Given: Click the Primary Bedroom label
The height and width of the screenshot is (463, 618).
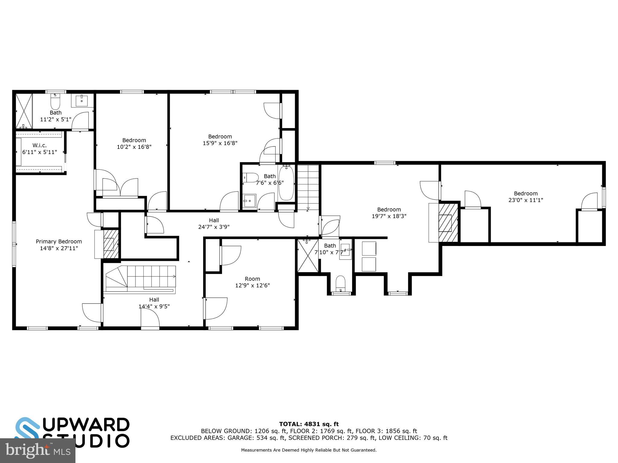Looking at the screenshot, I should [59, 241].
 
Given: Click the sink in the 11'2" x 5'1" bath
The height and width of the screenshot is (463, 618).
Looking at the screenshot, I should [81, 101].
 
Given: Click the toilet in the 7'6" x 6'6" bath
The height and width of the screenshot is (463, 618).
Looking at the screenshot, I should [251, 178].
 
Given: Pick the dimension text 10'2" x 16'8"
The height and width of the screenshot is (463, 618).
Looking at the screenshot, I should [134, 147].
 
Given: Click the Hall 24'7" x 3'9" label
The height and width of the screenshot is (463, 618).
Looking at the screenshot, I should [214, 224].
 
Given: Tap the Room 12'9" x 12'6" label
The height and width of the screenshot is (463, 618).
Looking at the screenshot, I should [252, 282].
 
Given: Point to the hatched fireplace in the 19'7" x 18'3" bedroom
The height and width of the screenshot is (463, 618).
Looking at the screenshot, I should [448, 223].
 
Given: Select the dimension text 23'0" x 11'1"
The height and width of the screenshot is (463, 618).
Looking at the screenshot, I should [526, 200].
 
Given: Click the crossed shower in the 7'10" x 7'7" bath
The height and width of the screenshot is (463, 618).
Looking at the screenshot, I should [308, 256].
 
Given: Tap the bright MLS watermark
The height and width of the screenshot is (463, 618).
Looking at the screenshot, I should [37, 451].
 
